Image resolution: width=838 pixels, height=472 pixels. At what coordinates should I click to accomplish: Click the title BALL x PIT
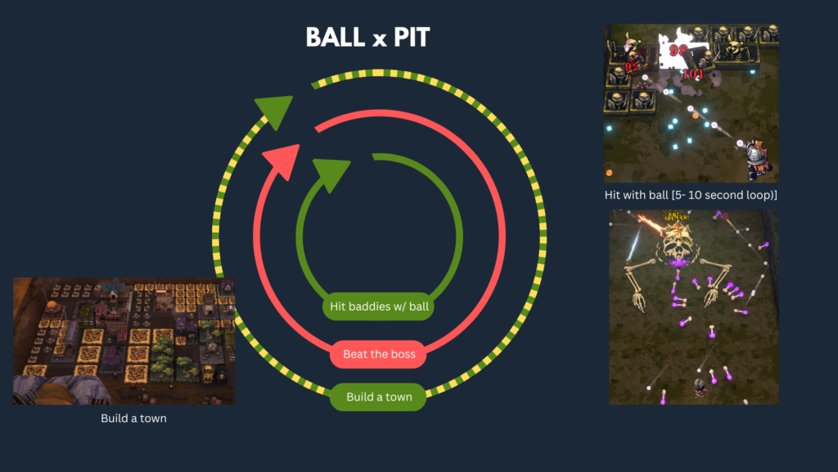367,37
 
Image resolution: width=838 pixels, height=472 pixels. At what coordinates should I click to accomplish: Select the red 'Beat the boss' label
379,354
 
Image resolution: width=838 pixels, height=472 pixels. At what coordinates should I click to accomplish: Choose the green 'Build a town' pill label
379,397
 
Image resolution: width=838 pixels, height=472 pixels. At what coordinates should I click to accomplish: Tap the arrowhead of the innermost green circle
331,174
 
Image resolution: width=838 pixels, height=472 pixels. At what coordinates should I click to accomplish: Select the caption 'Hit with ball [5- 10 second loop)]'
692,194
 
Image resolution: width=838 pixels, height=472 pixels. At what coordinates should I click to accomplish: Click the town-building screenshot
124,340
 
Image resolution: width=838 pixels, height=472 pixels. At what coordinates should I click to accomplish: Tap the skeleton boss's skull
676,238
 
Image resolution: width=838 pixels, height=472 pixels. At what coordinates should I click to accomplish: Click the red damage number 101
692,75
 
